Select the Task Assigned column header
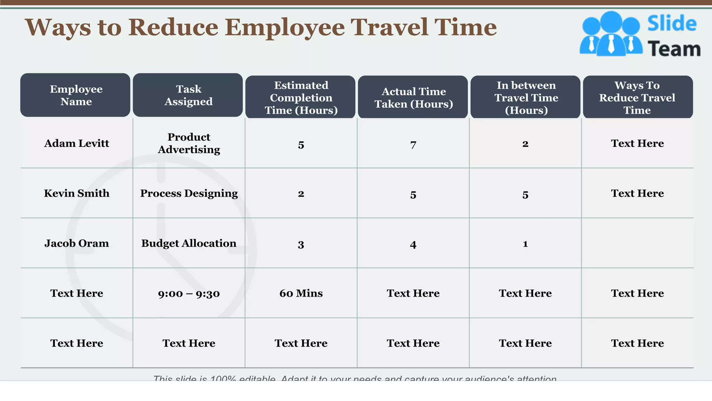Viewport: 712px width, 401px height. pos(188,95)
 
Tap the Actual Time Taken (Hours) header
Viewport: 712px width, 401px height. pos(413,97)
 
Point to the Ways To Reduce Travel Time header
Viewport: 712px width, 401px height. pos(638,97)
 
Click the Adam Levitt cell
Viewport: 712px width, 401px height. pos(76,143)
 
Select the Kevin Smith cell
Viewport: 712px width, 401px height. pos(76,193)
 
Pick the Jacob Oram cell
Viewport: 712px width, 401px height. pos(76,243)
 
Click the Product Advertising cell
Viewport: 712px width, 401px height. pos(189,143)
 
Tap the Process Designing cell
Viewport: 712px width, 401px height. pos(189,193)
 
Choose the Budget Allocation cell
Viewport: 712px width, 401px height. pos(189,243)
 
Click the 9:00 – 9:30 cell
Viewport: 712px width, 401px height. pos(189,293)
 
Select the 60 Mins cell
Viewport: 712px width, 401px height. pos(301,293)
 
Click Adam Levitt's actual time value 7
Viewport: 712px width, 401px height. pos(413,144)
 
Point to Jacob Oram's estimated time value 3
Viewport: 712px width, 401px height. pos(301,244)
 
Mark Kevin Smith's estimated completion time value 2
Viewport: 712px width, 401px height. pos(301,194)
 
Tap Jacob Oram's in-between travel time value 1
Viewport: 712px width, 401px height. pos(525,244)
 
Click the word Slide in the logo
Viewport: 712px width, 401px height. pos(672,24)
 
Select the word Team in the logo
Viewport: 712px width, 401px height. pos(674,49)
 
